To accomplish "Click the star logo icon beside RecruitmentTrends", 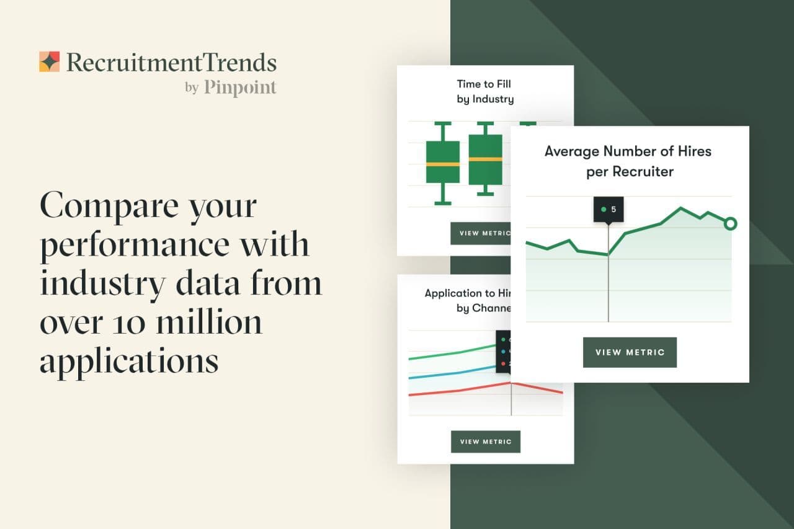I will point(49,62).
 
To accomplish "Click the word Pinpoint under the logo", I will point(240,87).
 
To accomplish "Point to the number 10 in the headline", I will point(130,323).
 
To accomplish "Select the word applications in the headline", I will point(129,360).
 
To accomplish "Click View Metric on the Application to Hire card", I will point(486,442).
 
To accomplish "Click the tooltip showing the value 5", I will point(609,210).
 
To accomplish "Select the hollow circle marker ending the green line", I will point(730,223).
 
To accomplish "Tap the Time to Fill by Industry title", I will point(484,91).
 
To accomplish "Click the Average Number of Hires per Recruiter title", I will point(628,161).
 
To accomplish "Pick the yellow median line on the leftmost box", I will point(443,164).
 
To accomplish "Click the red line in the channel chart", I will point(459,391).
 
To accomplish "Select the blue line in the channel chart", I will point(459,372).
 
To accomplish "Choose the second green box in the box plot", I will point(485,159).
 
